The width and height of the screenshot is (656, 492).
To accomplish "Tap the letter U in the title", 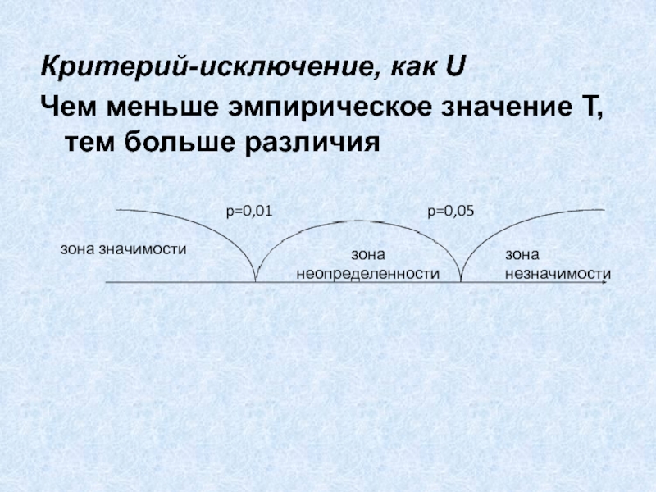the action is pyautogui.click(x=455, y=64).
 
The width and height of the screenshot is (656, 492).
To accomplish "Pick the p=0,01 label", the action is pyautogui.click(x=248, y=212).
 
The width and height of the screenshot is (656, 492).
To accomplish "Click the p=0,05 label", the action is pyautogui.click(x=450, y=212).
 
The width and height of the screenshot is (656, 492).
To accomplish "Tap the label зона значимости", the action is pyautogui.click(x=124, y=248).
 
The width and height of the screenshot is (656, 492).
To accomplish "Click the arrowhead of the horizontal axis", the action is pyautogui.click(x=608, y=282).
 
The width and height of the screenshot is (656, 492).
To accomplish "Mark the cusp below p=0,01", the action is pyautogui.click(x=256, y=280).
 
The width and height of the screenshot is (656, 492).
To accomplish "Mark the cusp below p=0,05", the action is pyautogui.click(x=460, y=280).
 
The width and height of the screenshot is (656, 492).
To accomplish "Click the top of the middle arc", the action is pyautogui.click(x=358, y=221).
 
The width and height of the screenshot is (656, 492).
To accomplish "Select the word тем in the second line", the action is pyautogui.click(x=89, y=143).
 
